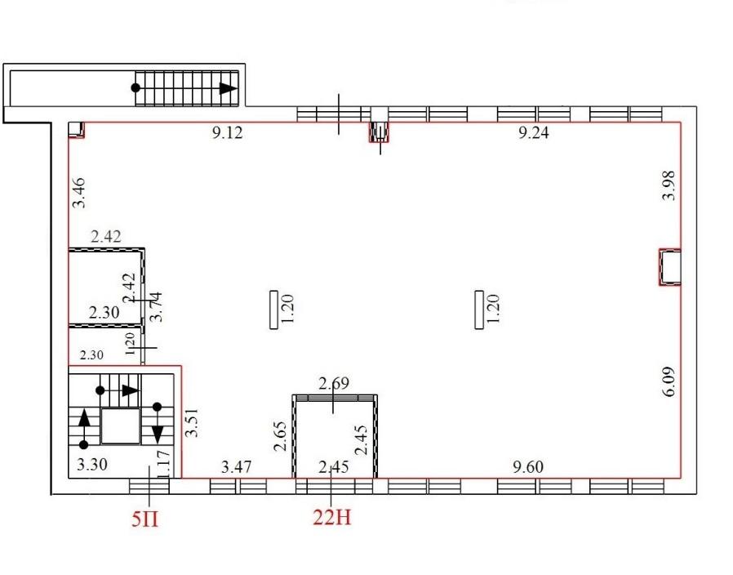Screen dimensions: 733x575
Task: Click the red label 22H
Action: [x=332, y=517]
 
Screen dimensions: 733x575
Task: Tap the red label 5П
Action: [x=145, y=519]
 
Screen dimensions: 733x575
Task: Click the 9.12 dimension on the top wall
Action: [x=228, y=133]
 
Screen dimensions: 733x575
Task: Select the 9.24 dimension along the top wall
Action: [x=533, y=133]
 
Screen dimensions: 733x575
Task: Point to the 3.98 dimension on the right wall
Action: [x=669, y=185]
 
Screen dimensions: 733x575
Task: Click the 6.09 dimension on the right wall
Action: [x=669, y=381]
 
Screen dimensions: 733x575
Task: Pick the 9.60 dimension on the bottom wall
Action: [x=528, y=467]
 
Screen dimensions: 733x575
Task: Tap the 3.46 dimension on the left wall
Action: [x=78, y=192]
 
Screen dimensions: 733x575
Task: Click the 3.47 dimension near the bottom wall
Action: [x=236, y=467]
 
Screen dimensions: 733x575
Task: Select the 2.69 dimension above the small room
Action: [x=334, y=384]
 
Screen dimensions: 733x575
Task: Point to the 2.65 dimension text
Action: [x=279, y=436]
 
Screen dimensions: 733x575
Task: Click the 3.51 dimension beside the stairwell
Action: [x=192, y=422]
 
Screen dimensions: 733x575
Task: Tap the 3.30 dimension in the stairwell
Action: [x=92, y=465]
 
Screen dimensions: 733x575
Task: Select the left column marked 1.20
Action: [x=274, y=310]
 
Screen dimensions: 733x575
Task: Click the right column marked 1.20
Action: [x=479, y=310]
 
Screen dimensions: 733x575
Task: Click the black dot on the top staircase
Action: [x=135, y=88]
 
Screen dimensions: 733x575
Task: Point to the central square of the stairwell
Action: [x=121, y=426]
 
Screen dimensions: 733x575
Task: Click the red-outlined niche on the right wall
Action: [x=670, y=267]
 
